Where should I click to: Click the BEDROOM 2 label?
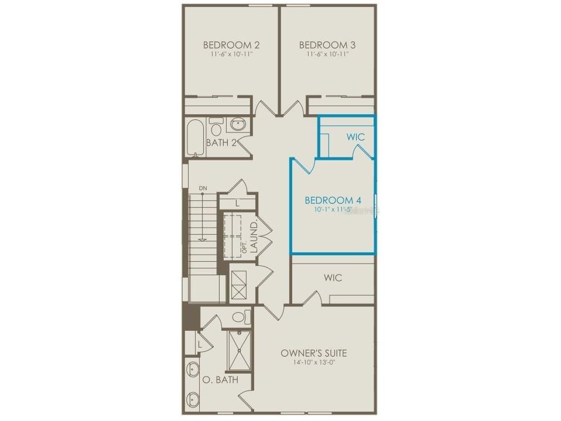pos(231,45)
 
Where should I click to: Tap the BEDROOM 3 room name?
pos(327,45)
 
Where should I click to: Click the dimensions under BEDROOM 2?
pos(231,54)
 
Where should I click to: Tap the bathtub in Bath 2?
pos(195,138)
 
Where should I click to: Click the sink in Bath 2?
pos(238,125)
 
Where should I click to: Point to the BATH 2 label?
pos(221,142)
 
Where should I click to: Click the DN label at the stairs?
pos(203,188)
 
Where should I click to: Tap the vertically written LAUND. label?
pos(254,237)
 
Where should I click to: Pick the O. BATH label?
pos(221,380)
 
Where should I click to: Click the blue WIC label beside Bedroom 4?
pos(355,137)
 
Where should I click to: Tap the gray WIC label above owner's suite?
pos(333,277)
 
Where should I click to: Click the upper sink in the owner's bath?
pos(193,369)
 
